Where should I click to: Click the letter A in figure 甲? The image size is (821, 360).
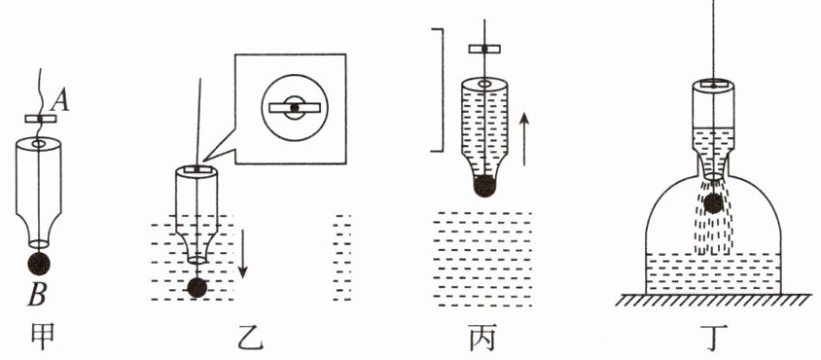tap(61, 101)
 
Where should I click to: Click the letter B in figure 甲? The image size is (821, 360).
tap(37, 296)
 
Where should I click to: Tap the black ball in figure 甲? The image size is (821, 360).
tap(39, 263)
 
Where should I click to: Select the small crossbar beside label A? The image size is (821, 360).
tap(40, 119)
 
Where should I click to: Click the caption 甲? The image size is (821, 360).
tap(42, 339)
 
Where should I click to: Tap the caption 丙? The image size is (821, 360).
tap(482, 340)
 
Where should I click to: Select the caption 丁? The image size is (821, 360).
tap(715, 339)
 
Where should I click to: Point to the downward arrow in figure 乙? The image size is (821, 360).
tap(242, 253)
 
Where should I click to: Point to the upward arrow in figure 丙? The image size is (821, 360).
tap(524, 139)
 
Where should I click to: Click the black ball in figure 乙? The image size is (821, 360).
tap(196, 288)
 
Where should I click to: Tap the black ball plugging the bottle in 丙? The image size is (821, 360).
tap(484, 186)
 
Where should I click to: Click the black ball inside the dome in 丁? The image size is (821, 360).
tap(713, 203)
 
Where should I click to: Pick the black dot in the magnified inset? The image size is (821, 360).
tap(295, 107)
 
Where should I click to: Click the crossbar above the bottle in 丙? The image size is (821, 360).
tap(484, 49)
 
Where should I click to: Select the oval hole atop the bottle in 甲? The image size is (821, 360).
tap(39, 143)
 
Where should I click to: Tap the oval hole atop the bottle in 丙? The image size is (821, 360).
tap(484, 84)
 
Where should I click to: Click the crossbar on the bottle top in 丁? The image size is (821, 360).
tap(713, 85)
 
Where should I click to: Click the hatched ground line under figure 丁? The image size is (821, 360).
tap(713, 300)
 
